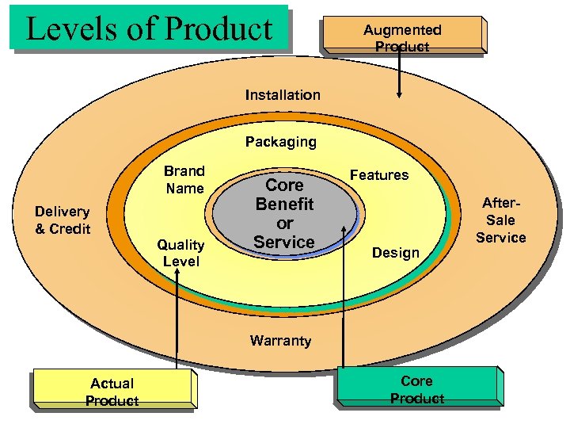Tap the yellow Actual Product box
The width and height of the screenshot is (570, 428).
[x=112, y=391]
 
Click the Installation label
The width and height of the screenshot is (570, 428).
[x=283, y=95]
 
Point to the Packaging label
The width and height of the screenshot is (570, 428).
[x=280, y=143]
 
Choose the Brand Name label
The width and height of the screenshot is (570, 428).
[x=184, y=180]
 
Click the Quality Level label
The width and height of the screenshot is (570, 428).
[x=180, y=253]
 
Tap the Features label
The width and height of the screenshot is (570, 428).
[x=379, y=175]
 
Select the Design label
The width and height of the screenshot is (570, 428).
[x=395, y=253]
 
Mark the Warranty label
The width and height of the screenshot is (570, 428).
[x=280, y=341]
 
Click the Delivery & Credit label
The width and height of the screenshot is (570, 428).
[x=63, y=220]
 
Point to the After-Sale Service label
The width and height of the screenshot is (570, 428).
[x=500, y=220]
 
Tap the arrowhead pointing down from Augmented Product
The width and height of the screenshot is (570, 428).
[x=400, y=93]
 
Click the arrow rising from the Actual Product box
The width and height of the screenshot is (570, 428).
[x=177, y=317]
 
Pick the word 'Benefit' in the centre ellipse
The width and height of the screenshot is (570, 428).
[x=284, y=204]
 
